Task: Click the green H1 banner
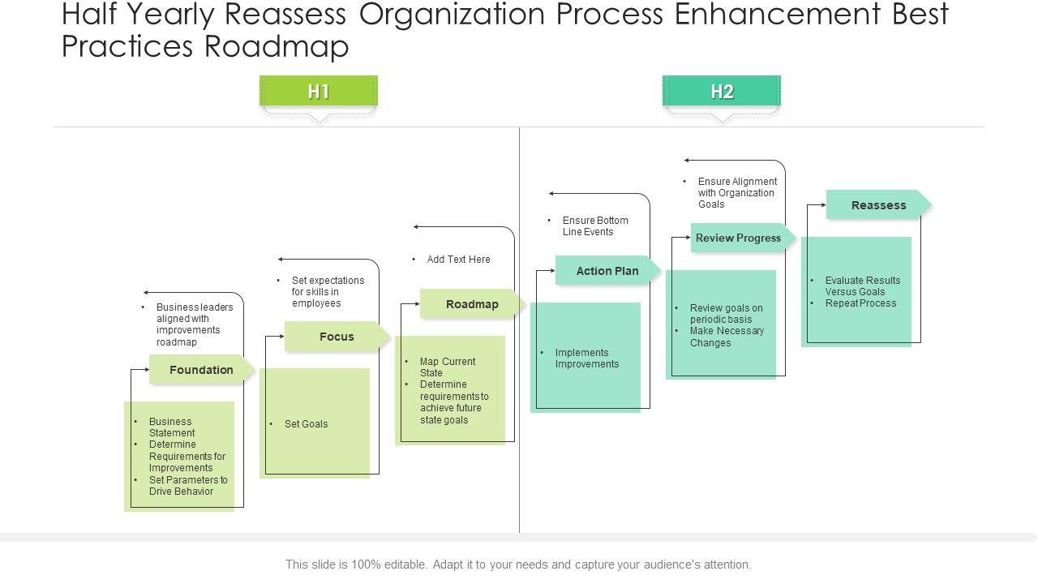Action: pyautogui.click(x=318, y=92)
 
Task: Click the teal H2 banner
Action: pyautogui.click(x=721, y=92)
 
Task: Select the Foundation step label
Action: pyautogui.click(x=201, y=370)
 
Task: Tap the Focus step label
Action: pyautogui.click(x=337, y=337)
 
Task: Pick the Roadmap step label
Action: pyautogui.click(x=472, y=304)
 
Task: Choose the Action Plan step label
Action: pyautogui.click(x=607, y=271)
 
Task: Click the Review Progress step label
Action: pyautogui.click(x=738, y=238)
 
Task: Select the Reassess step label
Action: pyautogui.click(x=878, y=205)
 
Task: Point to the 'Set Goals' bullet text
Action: pyautogui.click(x=306, y=424)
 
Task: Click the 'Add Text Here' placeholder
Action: pyautogui.click(x=458, y=260)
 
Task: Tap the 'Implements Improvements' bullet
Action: pyautogui.click(x=586, y=359)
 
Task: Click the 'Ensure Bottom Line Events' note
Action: pyautogui.click(x=595, y=226)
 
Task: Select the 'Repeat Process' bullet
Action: pyautogui.click(x=860, y=303)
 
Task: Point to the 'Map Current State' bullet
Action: pyautogui.click(x=447, y=367)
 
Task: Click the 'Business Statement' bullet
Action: pyautogui.click(x=171, y=427)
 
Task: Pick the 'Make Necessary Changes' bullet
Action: pyautogui.click(x=726, y=337)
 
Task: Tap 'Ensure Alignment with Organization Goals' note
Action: pyautogui.click(x=737, y=193)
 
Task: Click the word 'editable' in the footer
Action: pyautogui.click(x=405, y=565)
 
